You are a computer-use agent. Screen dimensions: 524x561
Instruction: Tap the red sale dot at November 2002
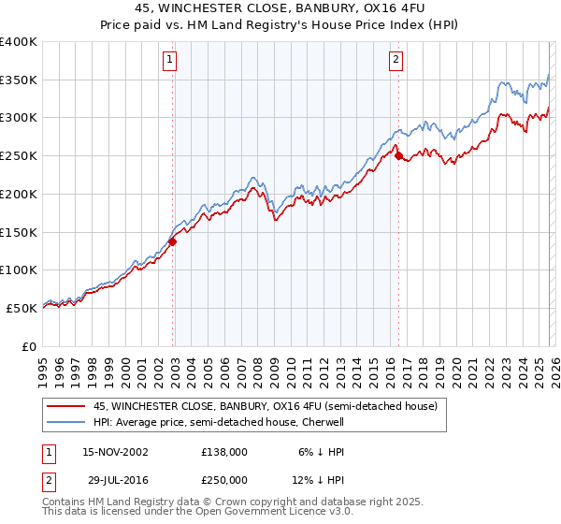pyautogui.click(x=173, y=241)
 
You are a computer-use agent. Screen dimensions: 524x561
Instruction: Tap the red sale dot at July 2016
pyautogui.click(x=399, y=156)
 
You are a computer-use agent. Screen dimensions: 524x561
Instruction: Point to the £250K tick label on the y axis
pyautogui.click(x=19, y=156)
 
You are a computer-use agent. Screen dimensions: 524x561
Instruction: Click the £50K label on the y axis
pyautogui.click(x=22, y=308)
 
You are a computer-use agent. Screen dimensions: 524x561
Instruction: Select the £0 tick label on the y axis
pyautogui.click(x=30, y=346)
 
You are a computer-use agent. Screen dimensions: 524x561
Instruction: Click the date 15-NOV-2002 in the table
pyautogui.click(x=115, y=452)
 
